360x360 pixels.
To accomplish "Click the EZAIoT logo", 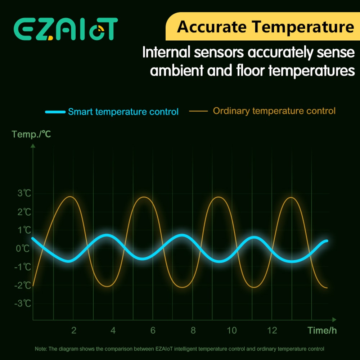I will tap(66, 28).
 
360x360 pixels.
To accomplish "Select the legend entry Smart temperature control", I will tap(123, 112).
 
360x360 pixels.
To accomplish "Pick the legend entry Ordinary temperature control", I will tap(274, 111).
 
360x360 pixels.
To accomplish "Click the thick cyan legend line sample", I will tap(55, 112).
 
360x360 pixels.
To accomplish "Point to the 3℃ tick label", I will tap(24, 193).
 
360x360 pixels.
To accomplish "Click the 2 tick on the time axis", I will tap(74, 330).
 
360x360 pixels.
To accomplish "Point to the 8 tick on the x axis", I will tap(193, 330).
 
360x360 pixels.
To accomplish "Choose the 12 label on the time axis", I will tap(272, 330).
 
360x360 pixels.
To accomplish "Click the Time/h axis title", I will tap(322, 330).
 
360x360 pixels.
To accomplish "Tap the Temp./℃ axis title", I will tap(31, 134).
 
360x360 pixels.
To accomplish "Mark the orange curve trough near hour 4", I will tap(107, 287).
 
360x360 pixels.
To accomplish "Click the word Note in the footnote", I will tap(40, 349).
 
